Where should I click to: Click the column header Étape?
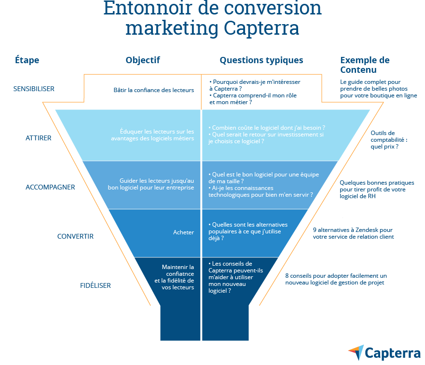point(27,60)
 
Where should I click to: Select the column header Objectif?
point(143,60)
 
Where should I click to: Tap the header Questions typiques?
point(261,60)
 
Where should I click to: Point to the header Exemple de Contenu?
point(364,65)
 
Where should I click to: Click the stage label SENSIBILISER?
point(34,89)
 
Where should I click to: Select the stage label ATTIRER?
point(39,138)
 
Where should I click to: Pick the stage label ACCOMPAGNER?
point(50,187)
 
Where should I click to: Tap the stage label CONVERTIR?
point(75,236)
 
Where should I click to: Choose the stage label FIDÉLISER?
point(96,285)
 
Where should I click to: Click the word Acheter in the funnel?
point(183,232)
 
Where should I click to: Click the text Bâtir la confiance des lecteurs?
point(153,90)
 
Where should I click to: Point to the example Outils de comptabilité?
point(389,139)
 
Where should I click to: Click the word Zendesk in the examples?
point(368,230)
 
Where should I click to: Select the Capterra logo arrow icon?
point(356,352)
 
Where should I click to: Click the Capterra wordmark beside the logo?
point(392,353)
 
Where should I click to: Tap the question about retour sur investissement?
point(266,138)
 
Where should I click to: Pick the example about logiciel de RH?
point(376,190)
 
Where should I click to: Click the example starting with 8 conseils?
point(336,279)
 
